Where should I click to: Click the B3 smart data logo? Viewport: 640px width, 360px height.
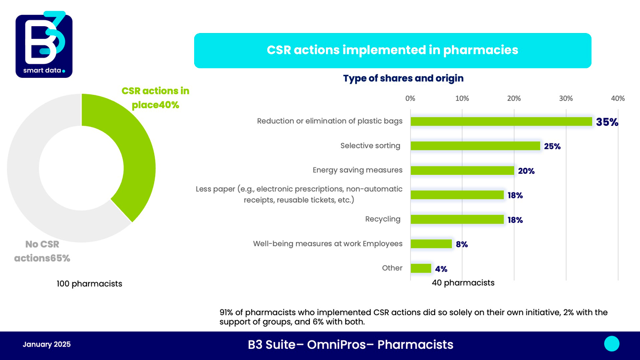pos(44,45)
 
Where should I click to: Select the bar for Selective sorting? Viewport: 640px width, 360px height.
pos(475,146)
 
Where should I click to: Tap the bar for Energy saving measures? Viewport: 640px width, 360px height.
pos(462,170)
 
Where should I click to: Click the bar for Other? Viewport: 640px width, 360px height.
pos(421,268)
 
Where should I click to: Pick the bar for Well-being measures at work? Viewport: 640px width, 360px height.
pos(431,244)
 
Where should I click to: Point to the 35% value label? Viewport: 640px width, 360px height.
pos(607,122)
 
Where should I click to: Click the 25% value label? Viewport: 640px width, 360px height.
pos(553,146)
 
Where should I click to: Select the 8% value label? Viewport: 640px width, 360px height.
pos(462,244)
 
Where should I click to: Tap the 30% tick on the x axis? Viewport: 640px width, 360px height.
pos(566,98)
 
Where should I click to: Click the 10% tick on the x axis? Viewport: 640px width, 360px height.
pos(462,98)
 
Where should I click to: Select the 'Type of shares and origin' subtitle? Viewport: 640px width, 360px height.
pos(403,78)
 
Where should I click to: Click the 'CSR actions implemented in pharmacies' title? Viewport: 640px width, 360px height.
pos(393,50)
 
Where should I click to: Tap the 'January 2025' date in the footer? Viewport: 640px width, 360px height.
pos(46,345)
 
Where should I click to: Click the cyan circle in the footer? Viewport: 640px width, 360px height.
pos(612,343)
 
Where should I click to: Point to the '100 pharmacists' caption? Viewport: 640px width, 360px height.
pos(90,284)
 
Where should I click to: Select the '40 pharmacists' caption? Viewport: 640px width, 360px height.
pos(463,283)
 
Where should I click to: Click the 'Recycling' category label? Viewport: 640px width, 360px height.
pos(383,219)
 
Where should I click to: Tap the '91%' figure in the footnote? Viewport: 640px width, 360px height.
pos(226,313)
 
